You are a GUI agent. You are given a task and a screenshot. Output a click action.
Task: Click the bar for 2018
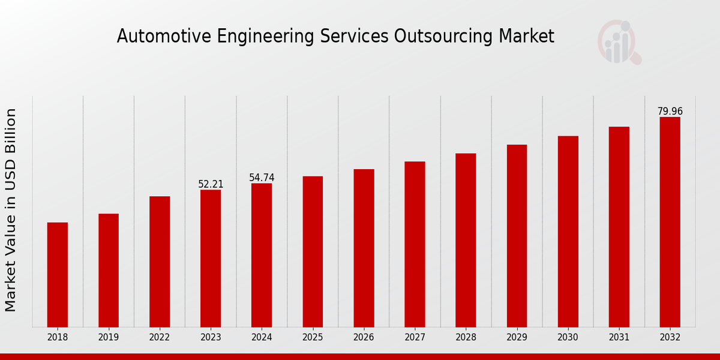pos(58,275)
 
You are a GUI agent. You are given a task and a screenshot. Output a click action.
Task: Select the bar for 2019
pos(109,270)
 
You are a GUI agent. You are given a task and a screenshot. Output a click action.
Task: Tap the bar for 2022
pos(160,262)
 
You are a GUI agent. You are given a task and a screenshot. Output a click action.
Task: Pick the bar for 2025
pos(313,251)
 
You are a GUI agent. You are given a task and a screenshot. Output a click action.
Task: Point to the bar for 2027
pos(415,244)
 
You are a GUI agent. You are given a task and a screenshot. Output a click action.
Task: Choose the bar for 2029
pos(517,236)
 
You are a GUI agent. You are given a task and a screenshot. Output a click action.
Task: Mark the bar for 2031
pos(619,227)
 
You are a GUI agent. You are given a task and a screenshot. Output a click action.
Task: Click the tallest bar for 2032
pos(670,222)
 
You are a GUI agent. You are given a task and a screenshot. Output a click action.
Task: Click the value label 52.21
pos(211,184)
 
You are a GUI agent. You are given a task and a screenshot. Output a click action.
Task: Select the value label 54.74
pos(262,178)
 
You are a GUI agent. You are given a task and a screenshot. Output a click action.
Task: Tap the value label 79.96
pos(670,112)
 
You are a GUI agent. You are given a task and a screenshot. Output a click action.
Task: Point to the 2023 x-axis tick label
pos(211,338)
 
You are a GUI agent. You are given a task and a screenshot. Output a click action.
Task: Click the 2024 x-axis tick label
pos(262,338)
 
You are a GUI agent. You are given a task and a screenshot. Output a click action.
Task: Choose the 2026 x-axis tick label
pos(364,338)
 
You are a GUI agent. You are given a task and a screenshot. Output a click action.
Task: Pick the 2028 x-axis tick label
pos(466,338)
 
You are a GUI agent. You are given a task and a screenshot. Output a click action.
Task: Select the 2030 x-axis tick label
pos(568,338)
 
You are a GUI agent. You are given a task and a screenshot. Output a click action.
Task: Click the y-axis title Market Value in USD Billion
pos(11,210)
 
